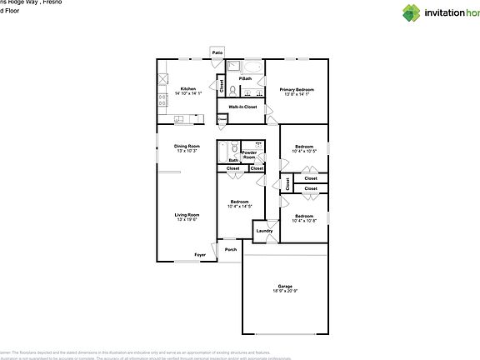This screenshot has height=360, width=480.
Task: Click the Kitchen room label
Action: [x=187, y=88]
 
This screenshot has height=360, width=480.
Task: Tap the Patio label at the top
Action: [x=217, y=52]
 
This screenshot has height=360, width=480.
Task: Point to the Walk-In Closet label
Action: [x=242, y=107]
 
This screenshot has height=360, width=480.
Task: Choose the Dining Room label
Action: [x=186, y=147]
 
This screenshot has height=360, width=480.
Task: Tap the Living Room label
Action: [x=186, y=215]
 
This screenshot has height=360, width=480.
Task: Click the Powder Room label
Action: [x=249, y=155]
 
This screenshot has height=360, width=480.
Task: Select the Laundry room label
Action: [x=264, y=231]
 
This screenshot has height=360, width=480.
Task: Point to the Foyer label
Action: [x=200, y=254]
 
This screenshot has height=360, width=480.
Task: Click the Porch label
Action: [x=230, y=249]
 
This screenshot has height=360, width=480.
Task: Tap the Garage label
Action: [x=284, y=287]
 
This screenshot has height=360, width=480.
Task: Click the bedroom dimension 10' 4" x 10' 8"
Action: [x=303, y=221]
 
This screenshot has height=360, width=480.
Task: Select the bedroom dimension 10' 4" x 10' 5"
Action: [x=303, y=151]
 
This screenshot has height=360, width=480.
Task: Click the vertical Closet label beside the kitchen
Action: [x=222, y=85]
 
